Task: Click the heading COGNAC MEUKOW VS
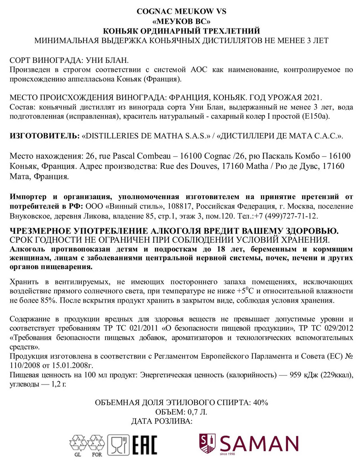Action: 181,11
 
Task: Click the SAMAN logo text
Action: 259,444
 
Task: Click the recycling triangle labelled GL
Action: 78,443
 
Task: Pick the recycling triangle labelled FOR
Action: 97,443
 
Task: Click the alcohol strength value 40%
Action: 260,403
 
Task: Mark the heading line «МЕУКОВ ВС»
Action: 181,21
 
